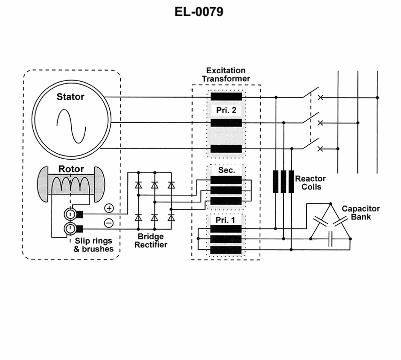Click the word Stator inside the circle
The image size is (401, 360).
click(x=70, y=97)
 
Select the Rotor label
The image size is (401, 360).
click(x=71, y=169)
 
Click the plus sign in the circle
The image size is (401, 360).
click(x=109, y=208)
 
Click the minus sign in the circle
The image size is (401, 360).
click(x=109, y=223)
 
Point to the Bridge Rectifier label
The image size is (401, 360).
click(x=150, y=241)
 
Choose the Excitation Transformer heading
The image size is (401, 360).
click(x=226, y=75)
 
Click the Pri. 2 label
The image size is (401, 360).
click(x=226, y=110)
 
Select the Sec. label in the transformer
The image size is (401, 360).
click(x=226, y=170)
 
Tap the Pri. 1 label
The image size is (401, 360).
click(x=226, y=219)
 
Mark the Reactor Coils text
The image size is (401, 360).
click(x=310, y=183)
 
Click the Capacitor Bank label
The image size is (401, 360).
click(x=360, y=213)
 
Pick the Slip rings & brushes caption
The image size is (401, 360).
click(x=91, y=245)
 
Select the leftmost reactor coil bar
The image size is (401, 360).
click(x=276, y=182)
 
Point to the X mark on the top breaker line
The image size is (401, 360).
click(x=321, y=98)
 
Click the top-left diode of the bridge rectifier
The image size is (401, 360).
click(x=138, y=185)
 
